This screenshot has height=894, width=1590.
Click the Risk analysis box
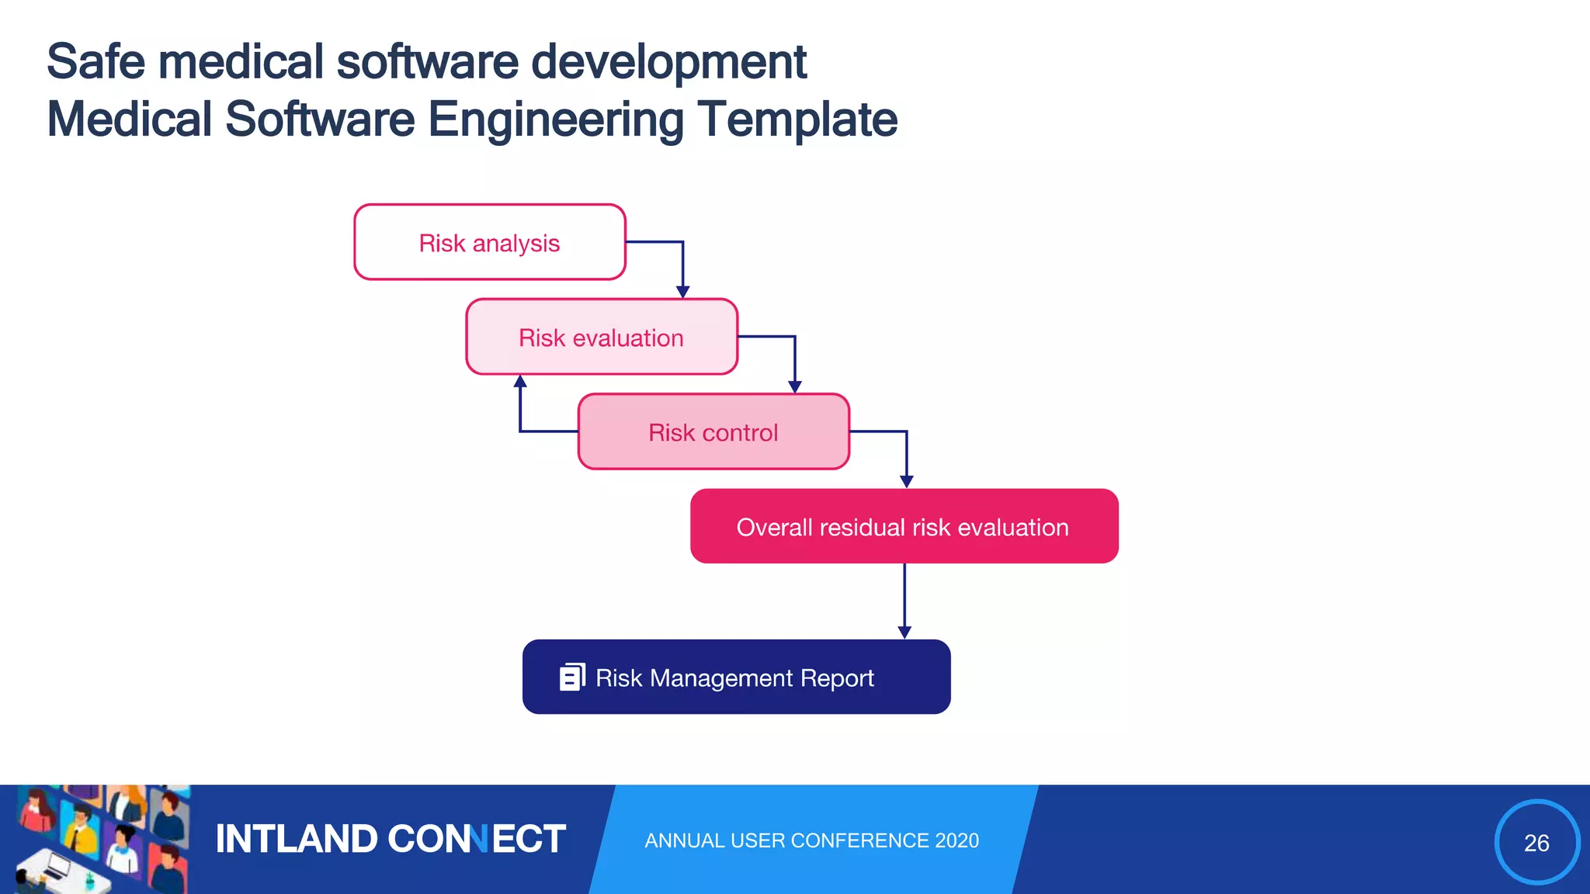(x=489, y=242)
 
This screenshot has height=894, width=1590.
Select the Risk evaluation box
(x=601, y=338)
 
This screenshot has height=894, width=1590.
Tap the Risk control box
(x=713, y=432)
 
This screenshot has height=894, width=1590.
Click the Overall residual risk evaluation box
(x=903, y=527)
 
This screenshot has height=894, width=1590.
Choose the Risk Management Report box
(x=736, y=677)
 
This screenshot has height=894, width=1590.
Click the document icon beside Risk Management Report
(x=572, y=677)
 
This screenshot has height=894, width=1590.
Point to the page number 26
(x=1536, y=843)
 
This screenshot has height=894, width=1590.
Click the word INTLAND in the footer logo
(x=297, y=840)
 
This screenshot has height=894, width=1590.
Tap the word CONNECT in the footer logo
(x=476, y=840)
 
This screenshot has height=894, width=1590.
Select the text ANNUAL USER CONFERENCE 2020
(x=811, y=840)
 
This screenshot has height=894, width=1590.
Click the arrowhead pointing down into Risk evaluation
(x=682, y=292)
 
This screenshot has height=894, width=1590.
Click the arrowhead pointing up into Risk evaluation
(x=520, y=381)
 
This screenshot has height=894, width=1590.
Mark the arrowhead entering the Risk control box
(x=794, y=386)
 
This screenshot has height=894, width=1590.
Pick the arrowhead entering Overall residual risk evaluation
(x=906, y=481)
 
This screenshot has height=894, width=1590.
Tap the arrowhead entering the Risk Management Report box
(x=904, y=632)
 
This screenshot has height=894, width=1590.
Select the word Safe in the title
(x=95, y=62)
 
